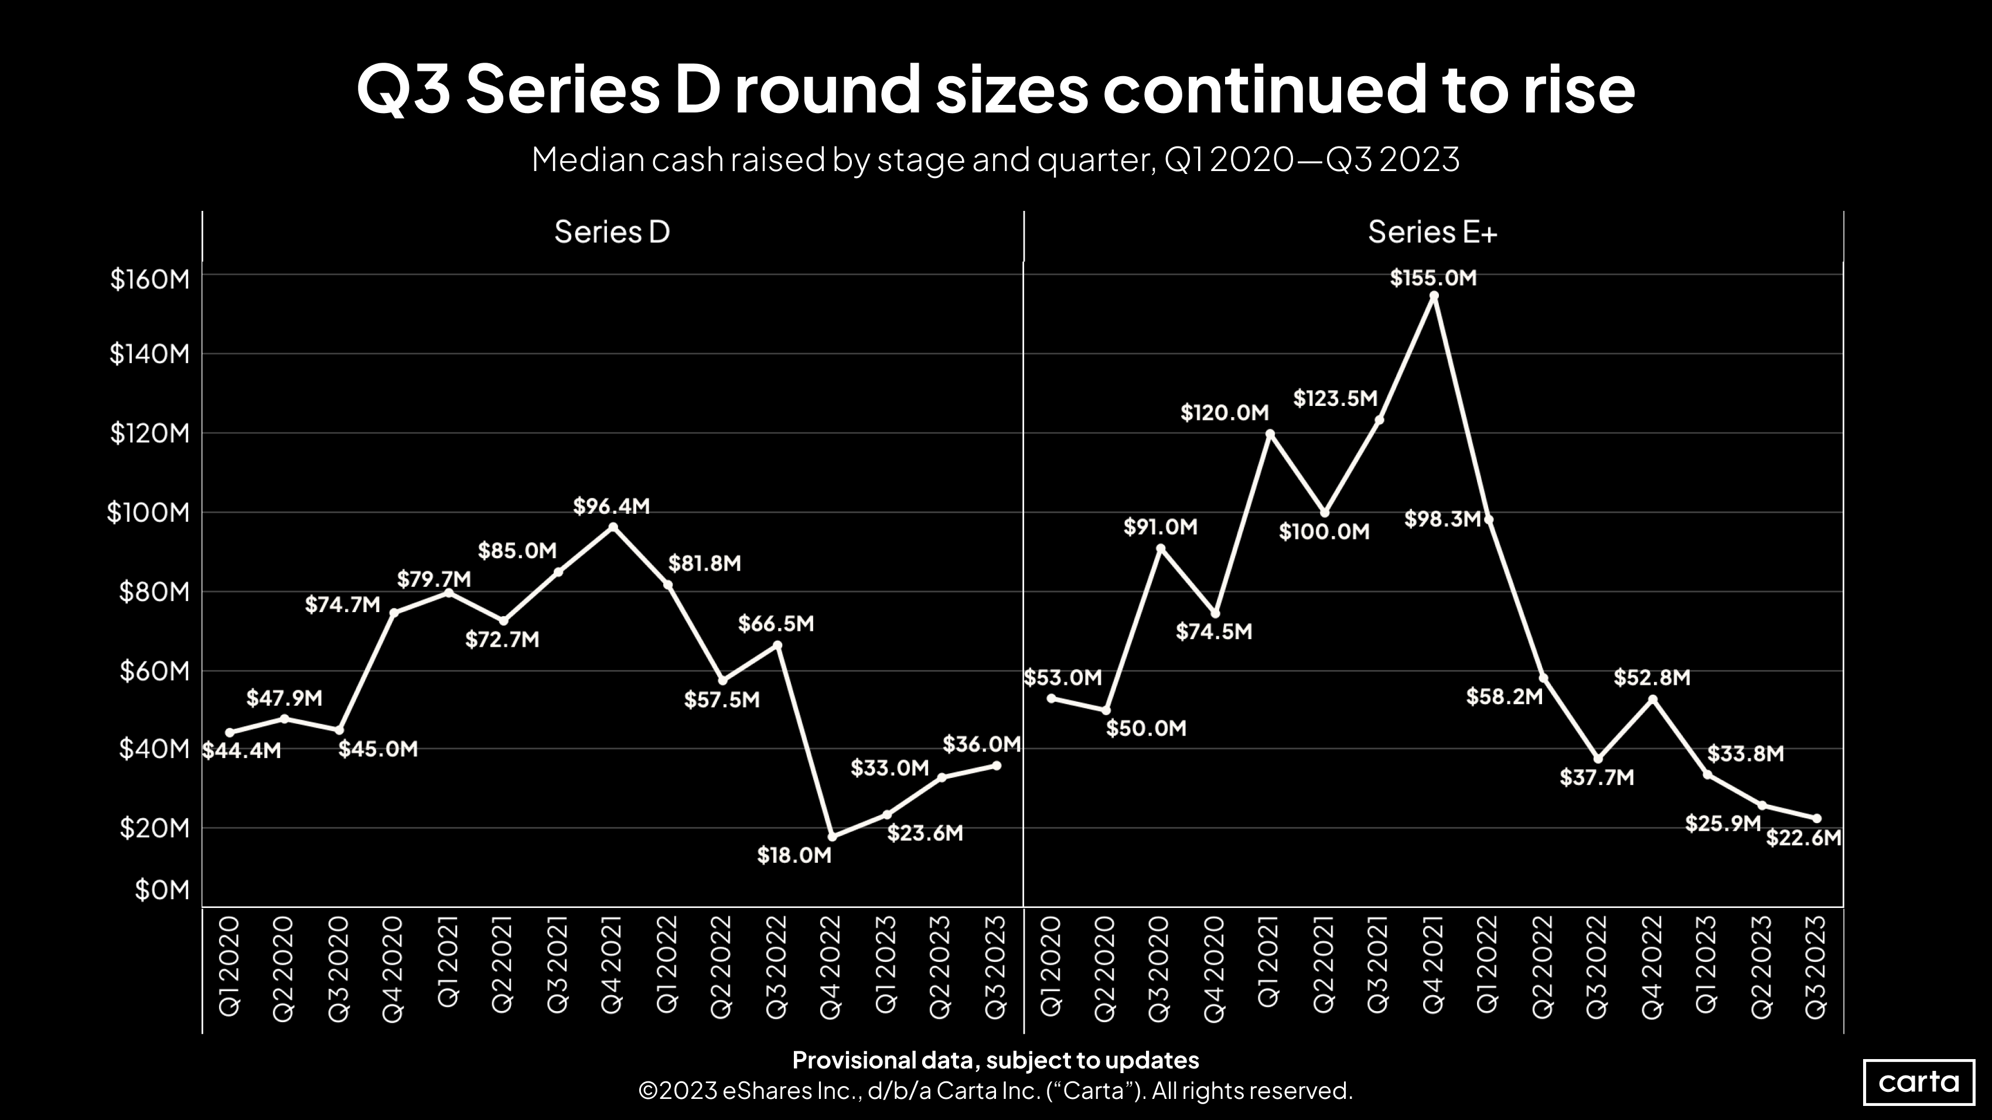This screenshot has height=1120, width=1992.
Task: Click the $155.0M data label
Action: (1433, 278)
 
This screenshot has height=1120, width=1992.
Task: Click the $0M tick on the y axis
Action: (162, 890)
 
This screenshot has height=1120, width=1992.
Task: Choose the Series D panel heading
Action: (612, 232)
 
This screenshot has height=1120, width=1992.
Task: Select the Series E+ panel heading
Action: (1432, 232)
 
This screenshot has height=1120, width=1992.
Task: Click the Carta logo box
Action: (1919, 1081)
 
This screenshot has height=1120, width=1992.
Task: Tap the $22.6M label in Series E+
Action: (1803, 838)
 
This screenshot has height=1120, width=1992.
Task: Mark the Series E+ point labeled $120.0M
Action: (1270, 433)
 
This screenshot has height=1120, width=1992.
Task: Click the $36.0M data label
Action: (981, 745)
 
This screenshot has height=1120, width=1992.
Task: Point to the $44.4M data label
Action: (241, 750)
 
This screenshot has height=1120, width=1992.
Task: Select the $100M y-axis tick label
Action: (148, 513)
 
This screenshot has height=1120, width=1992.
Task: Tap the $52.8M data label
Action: (1652, 678)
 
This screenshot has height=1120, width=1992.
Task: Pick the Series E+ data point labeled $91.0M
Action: (1161, 548)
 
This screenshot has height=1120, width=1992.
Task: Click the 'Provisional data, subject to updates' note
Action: (995, 1060)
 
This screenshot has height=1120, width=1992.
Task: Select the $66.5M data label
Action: (776, 624)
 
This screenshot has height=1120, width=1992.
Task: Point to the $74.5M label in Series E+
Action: (1213, 631)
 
